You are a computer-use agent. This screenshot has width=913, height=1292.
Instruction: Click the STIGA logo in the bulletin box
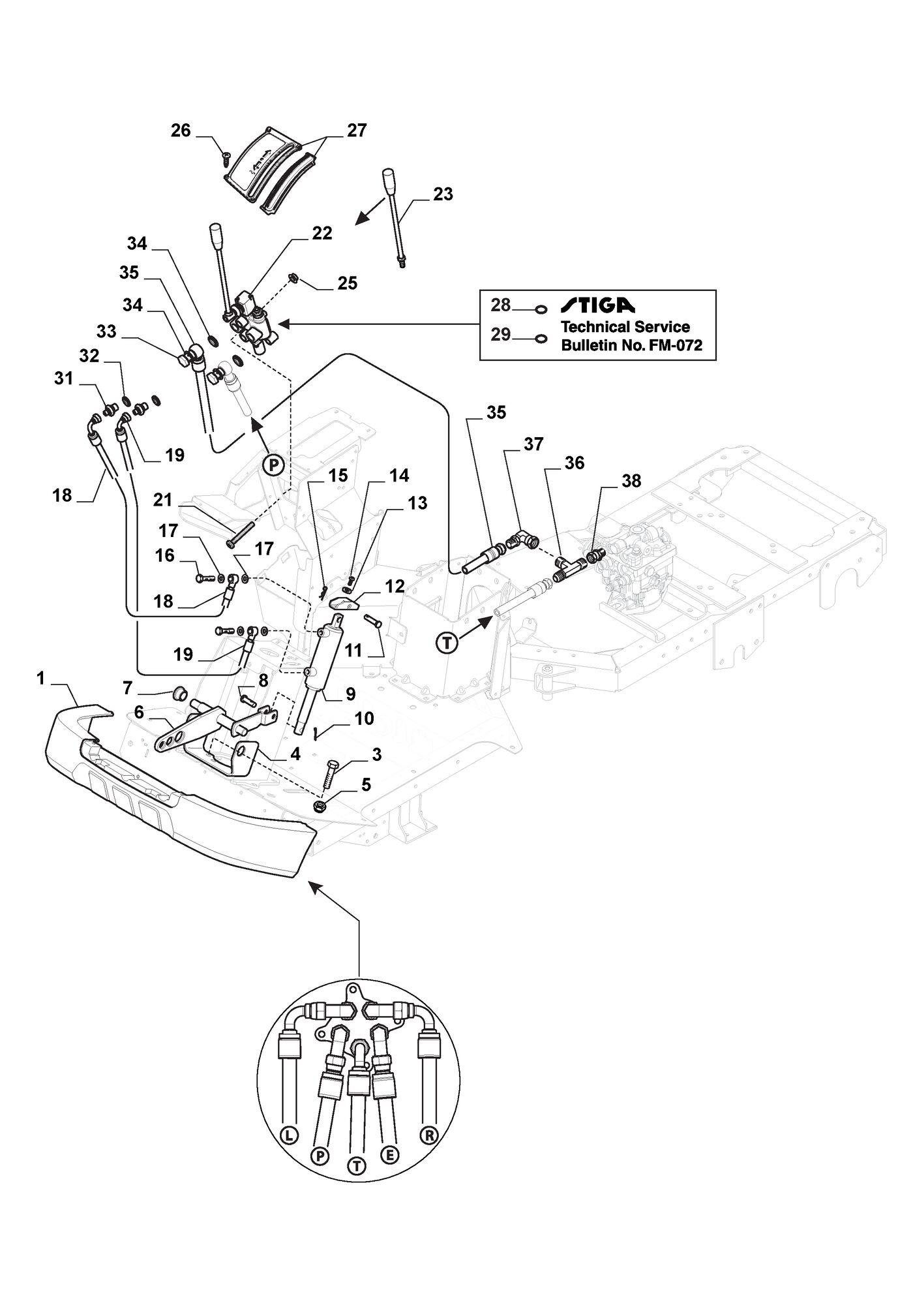click(x=597, y=305)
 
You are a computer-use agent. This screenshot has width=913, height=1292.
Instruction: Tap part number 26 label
click(x=181, y=131)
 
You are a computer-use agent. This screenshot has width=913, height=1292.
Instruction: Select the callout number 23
click(x=443, y=194)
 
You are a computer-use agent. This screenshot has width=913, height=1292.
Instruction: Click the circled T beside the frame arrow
click(x=447, y=643)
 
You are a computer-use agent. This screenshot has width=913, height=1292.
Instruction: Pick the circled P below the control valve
click(x=275, y=465)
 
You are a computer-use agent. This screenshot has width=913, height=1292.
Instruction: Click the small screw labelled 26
click(x=226, y=155)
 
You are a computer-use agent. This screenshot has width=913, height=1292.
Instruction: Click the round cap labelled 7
click(x=177, y=692)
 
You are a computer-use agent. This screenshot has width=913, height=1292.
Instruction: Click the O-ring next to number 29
click(x=540, y=338)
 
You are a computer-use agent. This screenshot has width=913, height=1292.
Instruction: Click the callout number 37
click(x=533, y=444)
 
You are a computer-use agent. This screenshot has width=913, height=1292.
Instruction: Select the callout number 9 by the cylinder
click(x=350, y=693)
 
